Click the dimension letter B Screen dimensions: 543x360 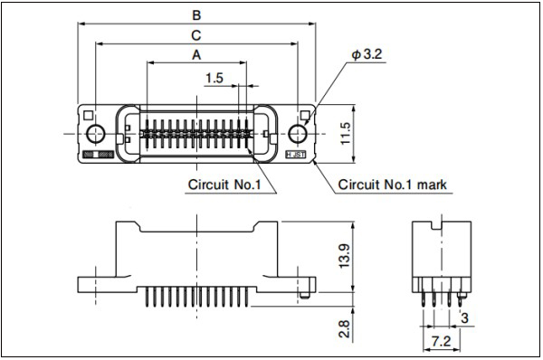pos(196,15)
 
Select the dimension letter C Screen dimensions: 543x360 pos(196,35)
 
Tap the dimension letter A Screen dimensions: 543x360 pos(196,54)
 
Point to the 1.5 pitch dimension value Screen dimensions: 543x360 pos(214,78)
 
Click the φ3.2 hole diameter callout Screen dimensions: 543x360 pos(367,54)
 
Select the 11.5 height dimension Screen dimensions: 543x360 pos(346,134)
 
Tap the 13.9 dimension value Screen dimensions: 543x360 pos(345,256)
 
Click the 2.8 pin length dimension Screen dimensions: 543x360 pos(344,329)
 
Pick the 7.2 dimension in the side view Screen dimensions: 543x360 pos(442,342)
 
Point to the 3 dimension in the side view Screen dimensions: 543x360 pos(464,317)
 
